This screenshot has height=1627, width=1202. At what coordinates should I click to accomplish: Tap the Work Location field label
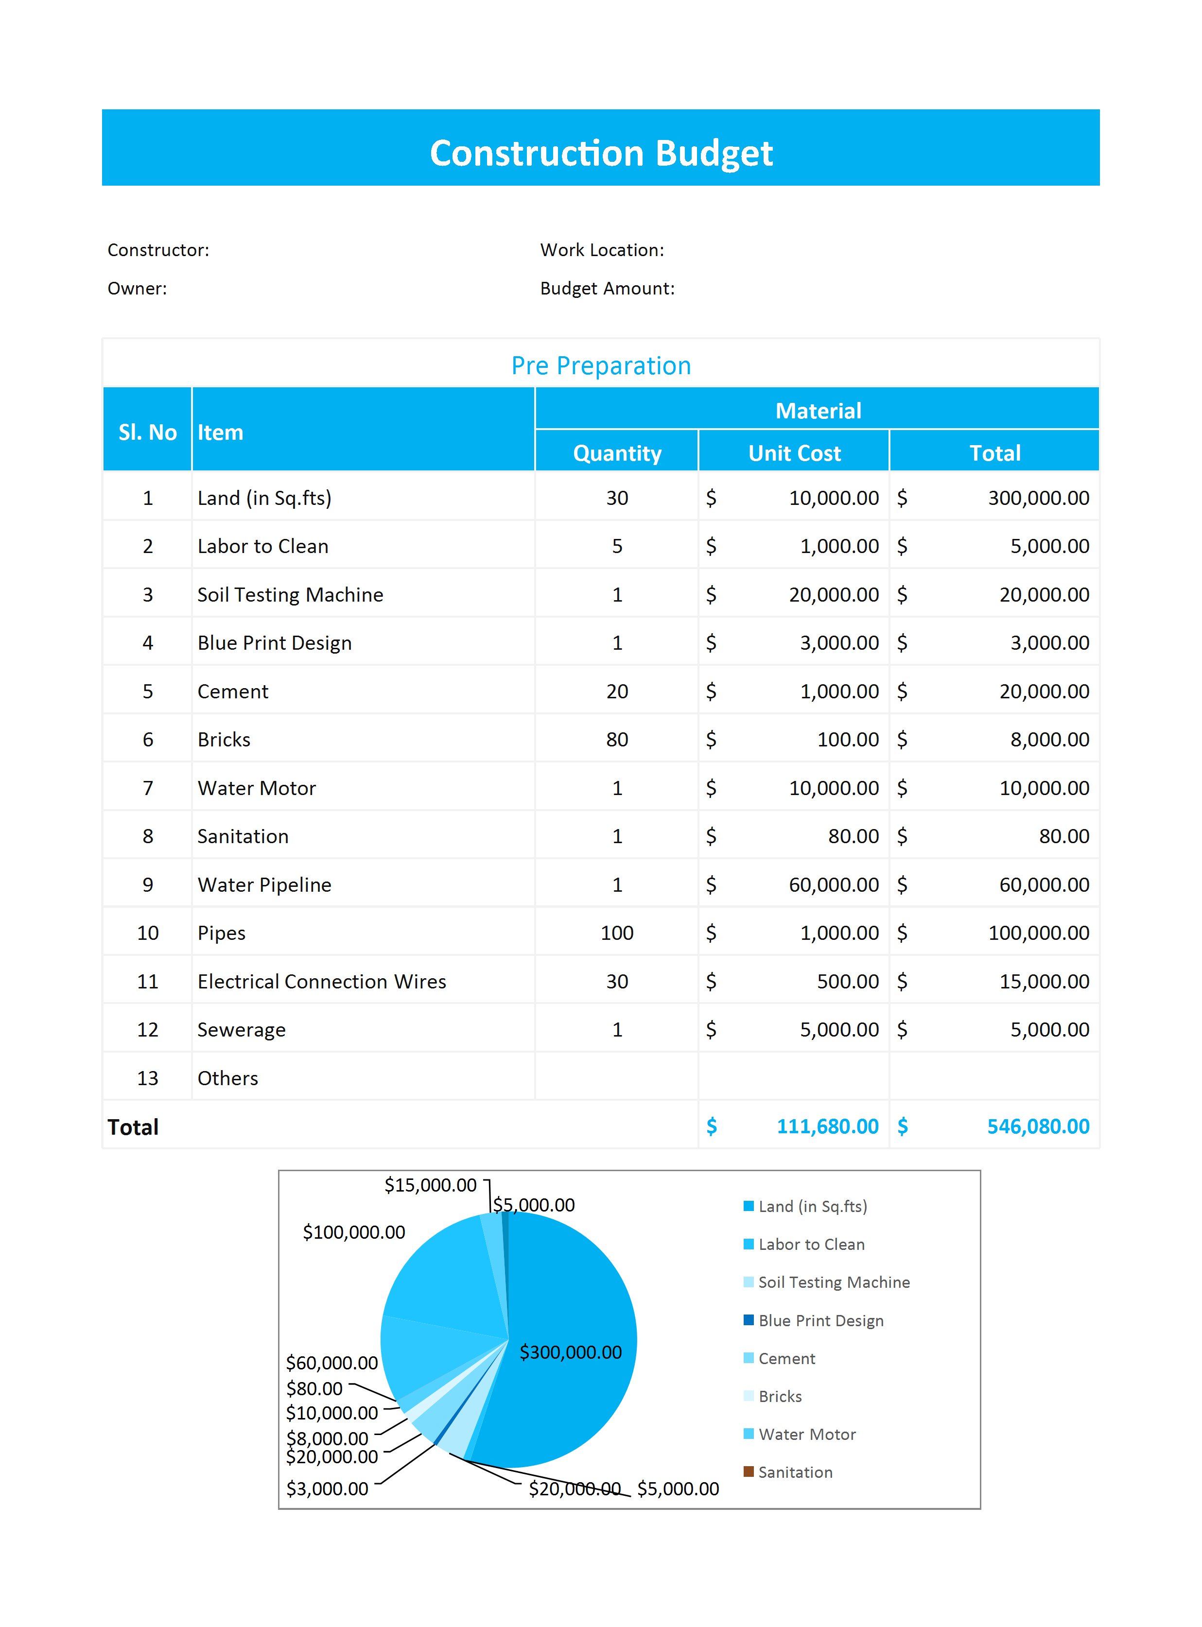[602, 250]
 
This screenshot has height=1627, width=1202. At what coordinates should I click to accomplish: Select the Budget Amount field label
[607, 289]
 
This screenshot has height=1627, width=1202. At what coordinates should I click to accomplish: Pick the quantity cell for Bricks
[617, 740]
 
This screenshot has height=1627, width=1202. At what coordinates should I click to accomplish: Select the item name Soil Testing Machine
[290, 595]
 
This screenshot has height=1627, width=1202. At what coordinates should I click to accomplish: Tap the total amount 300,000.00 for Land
[1038, 498]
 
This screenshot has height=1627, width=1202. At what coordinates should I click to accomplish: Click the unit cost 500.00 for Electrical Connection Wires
[848, 982]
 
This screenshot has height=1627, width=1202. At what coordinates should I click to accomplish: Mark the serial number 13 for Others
[148, 1079]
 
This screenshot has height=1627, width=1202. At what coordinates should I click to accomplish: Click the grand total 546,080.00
[1038, 1126]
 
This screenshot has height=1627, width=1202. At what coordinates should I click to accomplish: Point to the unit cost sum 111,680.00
[827, 1126]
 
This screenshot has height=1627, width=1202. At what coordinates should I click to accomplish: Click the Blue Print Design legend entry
[820, 1321]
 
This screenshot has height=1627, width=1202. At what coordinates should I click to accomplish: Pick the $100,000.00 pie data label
[354, 1232]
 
